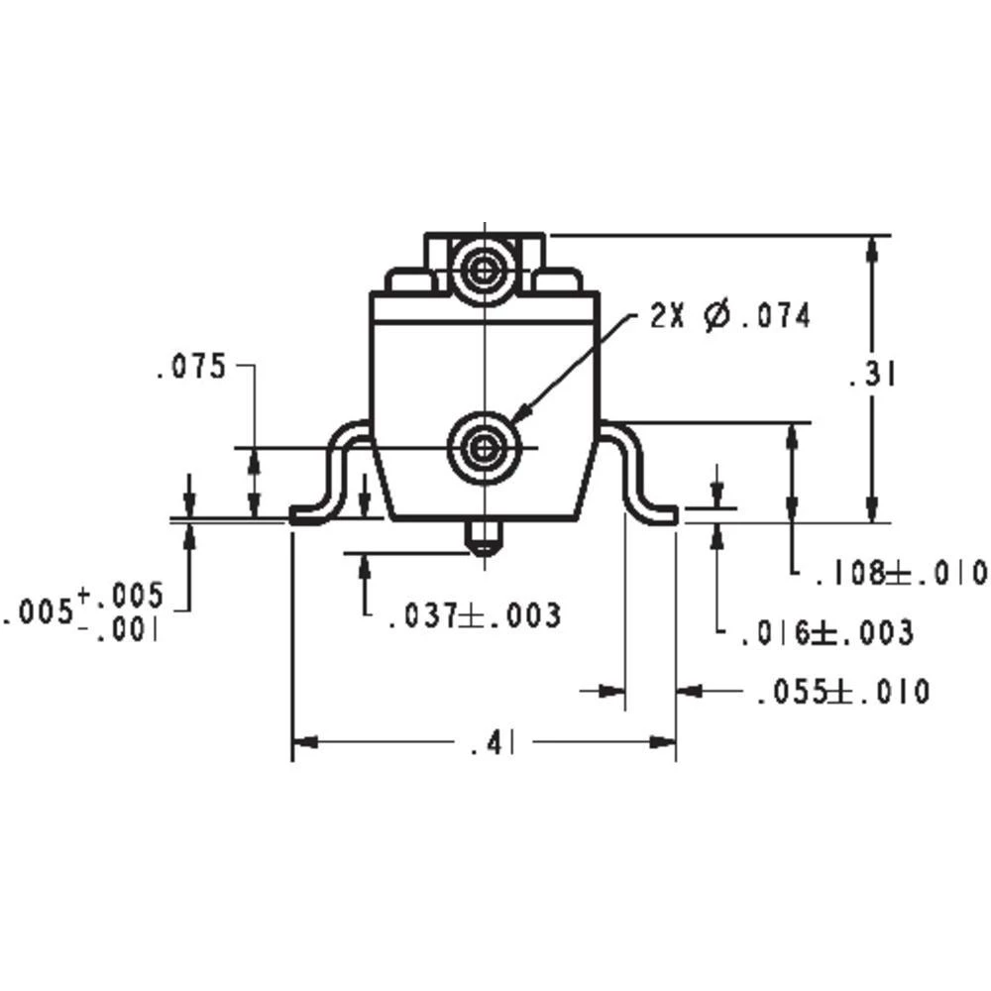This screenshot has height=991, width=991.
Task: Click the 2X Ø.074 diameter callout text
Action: pyautogui.click(x=730, y=317)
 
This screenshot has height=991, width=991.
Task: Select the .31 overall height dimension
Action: pyautogui.click(x=872, y=377)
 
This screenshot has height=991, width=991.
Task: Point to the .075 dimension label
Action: pyautogui.click(x=190, y=368)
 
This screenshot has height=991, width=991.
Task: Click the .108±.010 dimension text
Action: pyautogui.click(x=901, y=573)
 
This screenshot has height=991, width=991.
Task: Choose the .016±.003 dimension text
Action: pyautogui.click(x=826, y=632)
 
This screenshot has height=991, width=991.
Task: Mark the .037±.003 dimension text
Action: pyautogui.click(x=474, y=615)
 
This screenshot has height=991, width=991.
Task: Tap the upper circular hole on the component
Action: pyautogui.click(x=483, y=269)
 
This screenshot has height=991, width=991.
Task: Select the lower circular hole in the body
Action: pyautogui.click(x=483, y=448)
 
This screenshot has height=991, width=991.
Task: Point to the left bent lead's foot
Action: pyautogui.click(x=309, y=514)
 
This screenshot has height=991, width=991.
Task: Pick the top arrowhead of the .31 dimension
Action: pyautogui.click(x=872, y=248)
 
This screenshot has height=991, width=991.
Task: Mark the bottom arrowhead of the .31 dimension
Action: pyautogui.click(x=872, y=509)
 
